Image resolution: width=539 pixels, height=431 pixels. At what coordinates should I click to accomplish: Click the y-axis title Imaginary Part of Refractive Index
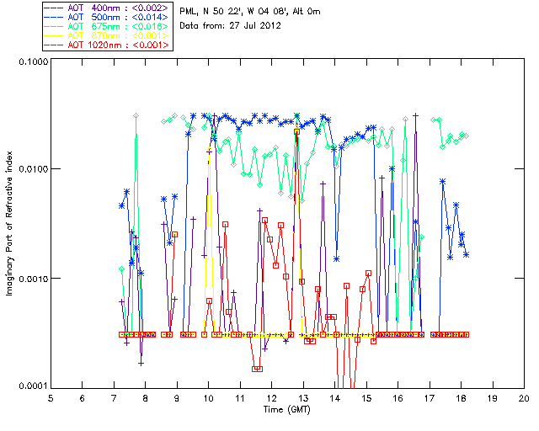pos(11,222)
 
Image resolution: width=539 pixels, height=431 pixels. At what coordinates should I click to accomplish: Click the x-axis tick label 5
pos(51,397)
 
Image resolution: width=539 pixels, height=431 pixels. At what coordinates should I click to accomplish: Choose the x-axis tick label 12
pos(271,397)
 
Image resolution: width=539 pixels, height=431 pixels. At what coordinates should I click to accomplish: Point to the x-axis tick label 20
pos(523,397)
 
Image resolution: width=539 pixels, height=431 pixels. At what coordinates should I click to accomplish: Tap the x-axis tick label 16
pos(398,397)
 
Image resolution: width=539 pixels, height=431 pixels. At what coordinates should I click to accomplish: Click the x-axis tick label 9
pos(177,397)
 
